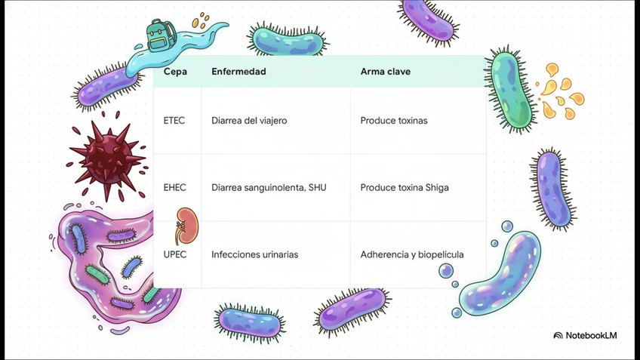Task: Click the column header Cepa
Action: pos(175,71)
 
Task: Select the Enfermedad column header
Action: pos(238,71)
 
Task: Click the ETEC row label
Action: pos(174,120)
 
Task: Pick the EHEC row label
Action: pos(175,187)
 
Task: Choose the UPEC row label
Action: pos(175,254)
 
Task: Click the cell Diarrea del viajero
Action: pos(249,120)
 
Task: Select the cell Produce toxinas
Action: pos(394,120)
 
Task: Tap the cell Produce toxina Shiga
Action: pos(405,187)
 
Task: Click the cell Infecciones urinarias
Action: pos(254,254)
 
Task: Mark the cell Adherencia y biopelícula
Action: pos(412,254)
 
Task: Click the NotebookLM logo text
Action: pos(586,335)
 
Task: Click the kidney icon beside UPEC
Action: pos(181,223)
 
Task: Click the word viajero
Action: pos(271,120)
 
